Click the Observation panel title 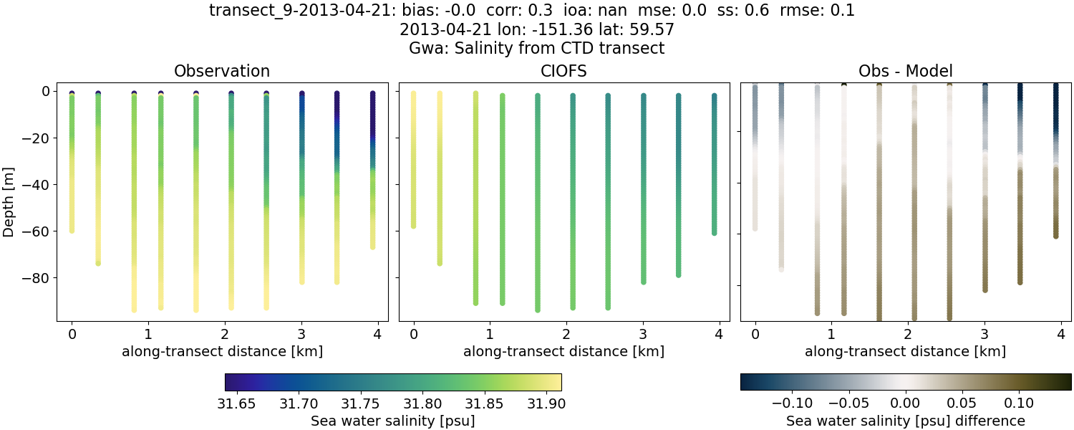click(x=222, y=71)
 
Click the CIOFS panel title click(x=563, y=71)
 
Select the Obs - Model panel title click(x=905, y=71)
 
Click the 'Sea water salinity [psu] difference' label click(x=905, y=421)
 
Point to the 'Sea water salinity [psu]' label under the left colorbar click(x=392, y=421)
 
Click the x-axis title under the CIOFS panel click(x=563, y=351)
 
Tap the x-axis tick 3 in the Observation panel click(x=301, y=334)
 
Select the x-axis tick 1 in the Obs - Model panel click(x=831, y=334)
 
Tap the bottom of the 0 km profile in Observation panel click(x=72, y=230)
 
